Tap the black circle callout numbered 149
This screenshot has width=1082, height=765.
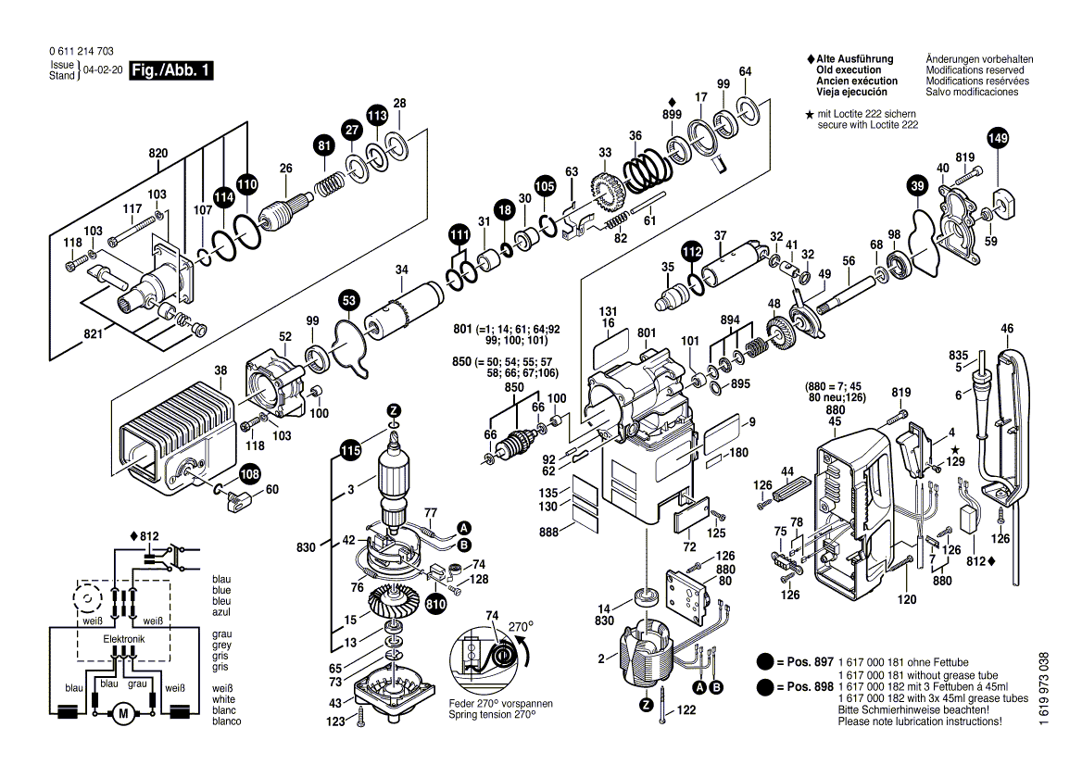[997, 140]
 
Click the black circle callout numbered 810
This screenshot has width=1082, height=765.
[435, 604]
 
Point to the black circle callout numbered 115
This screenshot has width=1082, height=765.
[348, 451]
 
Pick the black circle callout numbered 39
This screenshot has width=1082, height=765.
[916, 186]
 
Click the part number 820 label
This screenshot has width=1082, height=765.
[157, 153]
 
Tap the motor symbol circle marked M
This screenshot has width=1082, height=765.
[121, 713]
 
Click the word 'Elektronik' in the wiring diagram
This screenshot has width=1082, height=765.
[122, 640]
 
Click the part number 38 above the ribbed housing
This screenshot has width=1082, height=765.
[220, 370]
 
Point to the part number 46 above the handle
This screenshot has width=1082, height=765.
[1007, 328]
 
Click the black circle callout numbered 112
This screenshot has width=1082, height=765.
[691, 250]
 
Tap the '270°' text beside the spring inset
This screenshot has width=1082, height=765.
[519, 627]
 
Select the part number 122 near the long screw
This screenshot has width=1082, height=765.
[686, 710]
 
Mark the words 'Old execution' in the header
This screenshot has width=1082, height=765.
[849, 70]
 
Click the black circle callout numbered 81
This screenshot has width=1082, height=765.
[323, 145]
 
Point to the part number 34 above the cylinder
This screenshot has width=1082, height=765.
[401, 270]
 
